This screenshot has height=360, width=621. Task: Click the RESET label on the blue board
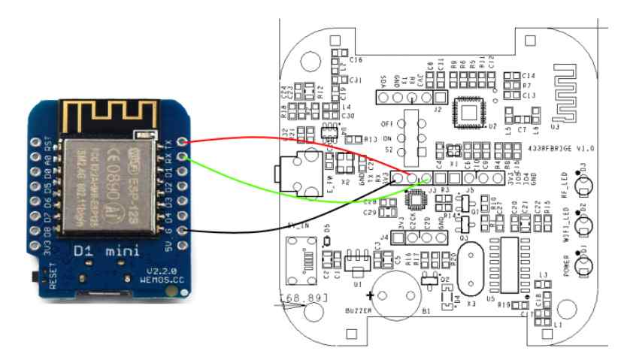(x=53, y=275)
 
